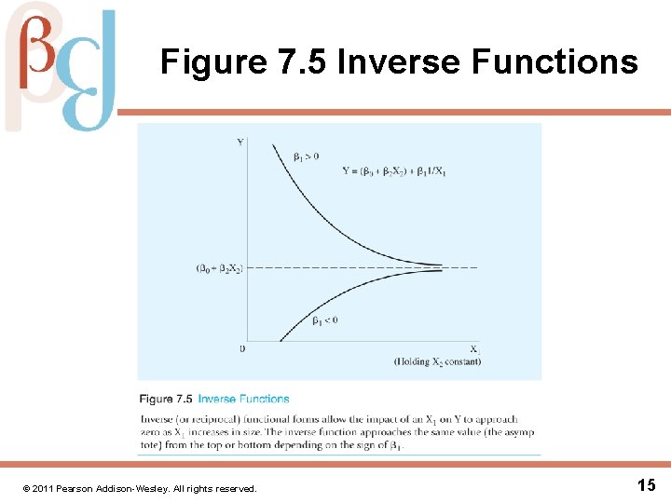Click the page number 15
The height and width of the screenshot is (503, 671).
[x=647, y=484]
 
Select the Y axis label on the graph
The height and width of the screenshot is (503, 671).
[x=240, y=142]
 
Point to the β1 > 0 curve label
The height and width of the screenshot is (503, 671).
[x=306, y=156]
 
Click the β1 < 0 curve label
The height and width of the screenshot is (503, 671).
[x=323, y=319]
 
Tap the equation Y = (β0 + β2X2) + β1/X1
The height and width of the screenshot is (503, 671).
[x=393, y=171]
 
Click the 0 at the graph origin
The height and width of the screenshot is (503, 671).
[x=242, y=348]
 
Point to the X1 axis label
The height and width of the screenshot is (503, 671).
[x=474, y=349]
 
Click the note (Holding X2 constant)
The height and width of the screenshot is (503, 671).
[x=437, y=361]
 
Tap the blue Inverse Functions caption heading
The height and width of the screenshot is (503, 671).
[x=243, y=399]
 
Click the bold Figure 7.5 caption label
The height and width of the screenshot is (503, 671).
[x=166, y=399]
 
